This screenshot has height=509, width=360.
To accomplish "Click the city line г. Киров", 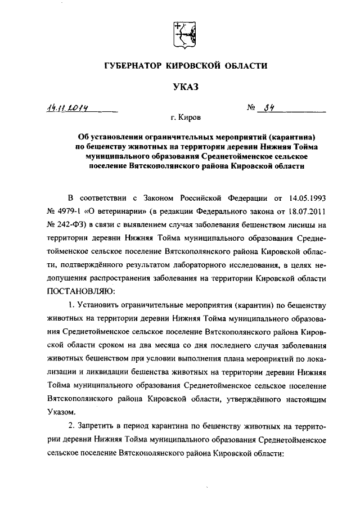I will [x=189, y=118].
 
